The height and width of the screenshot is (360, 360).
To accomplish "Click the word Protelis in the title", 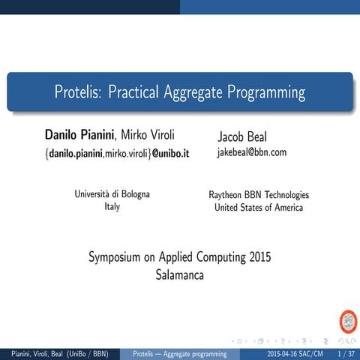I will click(x=78, y=93).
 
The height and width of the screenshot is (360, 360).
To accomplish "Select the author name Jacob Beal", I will click(x=241, y=137).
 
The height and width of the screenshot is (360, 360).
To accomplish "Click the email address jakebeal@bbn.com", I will click(x=252, y=153).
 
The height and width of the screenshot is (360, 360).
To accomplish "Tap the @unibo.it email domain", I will click(x=171, y=154).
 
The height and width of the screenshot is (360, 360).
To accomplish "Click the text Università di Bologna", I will click(x=112, y=194).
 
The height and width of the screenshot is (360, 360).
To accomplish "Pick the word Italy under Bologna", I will click(x=112, y=207).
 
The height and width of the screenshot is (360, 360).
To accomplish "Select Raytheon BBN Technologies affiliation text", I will click(x=259, y=195).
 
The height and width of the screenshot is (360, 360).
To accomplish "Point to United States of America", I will click(x=259, y=208).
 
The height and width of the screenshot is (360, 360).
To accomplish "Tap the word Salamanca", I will click(x=179, y=274).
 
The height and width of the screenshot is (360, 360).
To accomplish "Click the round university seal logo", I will click(x=349, y=322).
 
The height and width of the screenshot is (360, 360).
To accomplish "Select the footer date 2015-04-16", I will click(x=285, y=353).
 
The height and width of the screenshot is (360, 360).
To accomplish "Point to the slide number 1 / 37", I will click(x=346, y=353).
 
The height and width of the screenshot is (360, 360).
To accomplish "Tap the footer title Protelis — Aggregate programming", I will click(x=179, y=353).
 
